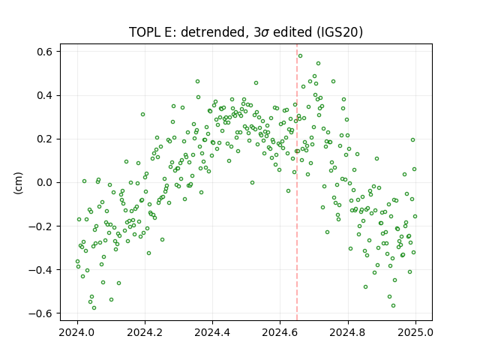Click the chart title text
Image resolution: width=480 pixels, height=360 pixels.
point(246,32)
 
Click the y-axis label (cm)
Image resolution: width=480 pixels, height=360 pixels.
point(18,183)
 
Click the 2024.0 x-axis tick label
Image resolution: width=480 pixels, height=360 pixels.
point(76,332)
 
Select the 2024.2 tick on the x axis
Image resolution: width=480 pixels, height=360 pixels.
point(145,332)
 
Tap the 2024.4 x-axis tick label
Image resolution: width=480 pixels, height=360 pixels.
point(212,332)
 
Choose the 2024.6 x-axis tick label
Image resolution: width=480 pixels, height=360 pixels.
point(280,332)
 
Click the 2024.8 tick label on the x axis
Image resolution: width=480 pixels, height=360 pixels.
point(348,332)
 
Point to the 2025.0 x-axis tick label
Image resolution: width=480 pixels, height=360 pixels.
point(415,332)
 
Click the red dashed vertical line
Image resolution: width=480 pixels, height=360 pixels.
point(297,182)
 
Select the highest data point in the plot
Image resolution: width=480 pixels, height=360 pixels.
point(300,56)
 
